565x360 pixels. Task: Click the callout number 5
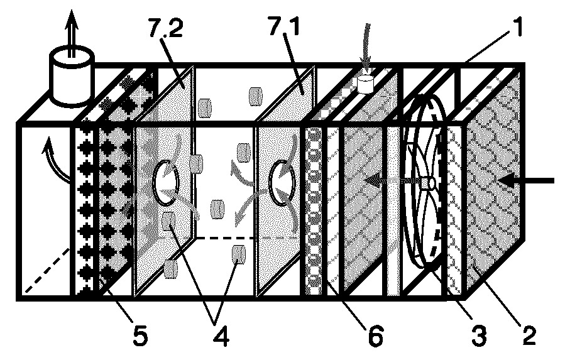[140, 336]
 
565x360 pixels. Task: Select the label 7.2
[165, 28]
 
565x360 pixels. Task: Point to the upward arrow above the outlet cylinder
[72, 33]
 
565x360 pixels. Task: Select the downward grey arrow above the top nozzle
[367, 49]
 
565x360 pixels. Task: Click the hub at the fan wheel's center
[429, 182]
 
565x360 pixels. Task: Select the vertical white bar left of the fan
[393, 211]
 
